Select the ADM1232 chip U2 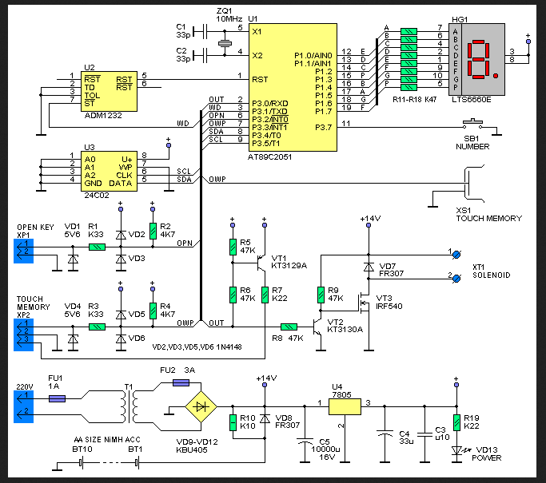[107, 90]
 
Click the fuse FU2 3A [185, 383]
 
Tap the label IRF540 [391, 307]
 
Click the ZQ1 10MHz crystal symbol [224, 42]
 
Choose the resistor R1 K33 [96, 247]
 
